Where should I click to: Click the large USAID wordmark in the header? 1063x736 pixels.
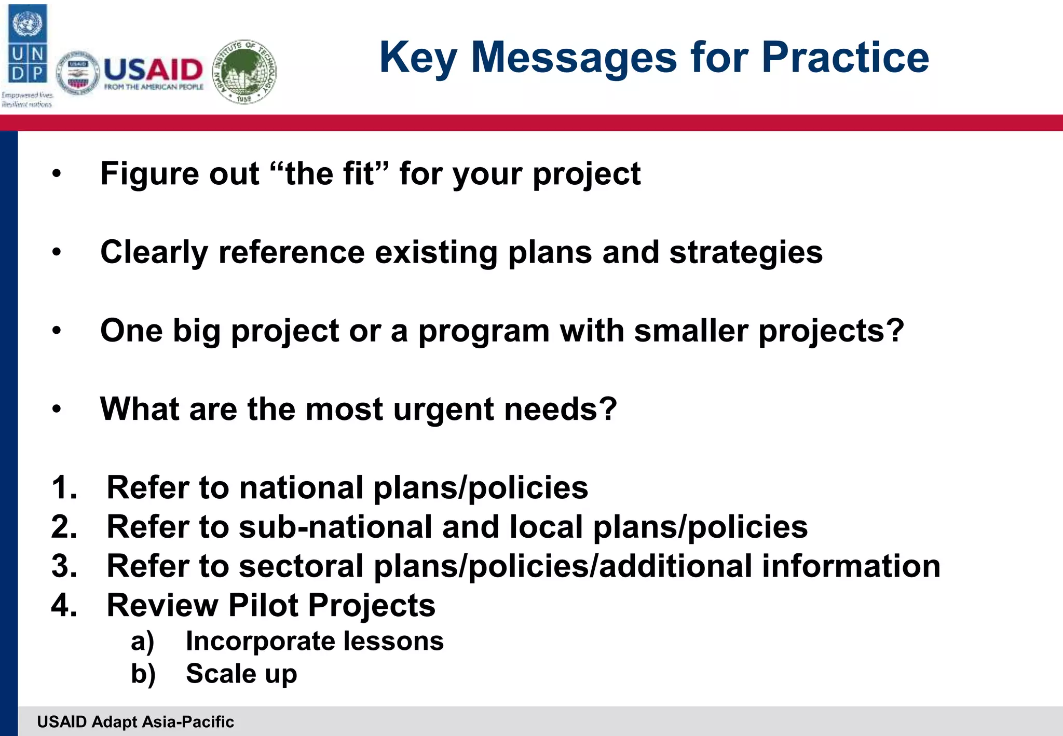[x=153, y=70]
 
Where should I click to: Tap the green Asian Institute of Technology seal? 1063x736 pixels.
[x=245, y=71]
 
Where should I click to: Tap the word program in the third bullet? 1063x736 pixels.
[x=483, y=331]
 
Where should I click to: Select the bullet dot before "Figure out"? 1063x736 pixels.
[x=57, y=174]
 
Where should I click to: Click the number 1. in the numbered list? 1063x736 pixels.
[x=64, y=488]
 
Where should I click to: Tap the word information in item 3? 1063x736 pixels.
[x=851, y=566]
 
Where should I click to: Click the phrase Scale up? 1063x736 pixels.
[x=241, y=674]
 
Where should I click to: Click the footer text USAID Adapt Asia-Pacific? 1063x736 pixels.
[x=135, y=722]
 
